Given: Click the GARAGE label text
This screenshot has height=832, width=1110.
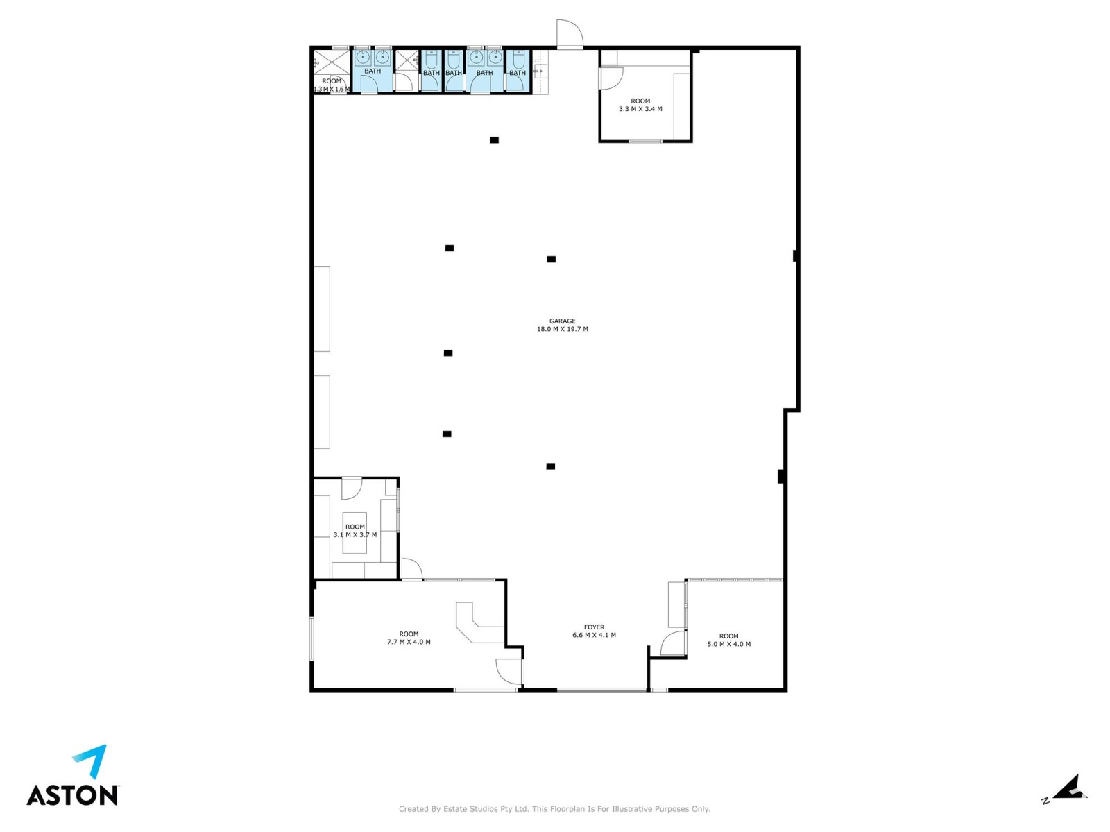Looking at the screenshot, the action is [x=562, y=321].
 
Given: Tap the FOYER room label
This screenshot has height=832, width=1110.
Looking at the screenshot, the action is [x=594, y=627].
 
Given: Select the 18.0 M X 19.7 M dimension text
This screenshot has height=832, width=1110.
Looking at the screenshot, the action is [x=562, y=329].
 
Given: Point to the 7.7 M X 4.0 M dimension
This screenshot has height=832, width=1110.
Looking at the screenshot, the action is [x=409, y=642].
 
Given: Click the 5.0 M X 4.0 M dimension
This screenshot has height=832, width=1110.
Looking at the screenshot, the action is [x=728, y=644].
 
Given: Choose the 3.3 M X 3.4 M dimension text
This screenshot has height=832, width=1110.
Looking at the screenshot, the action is [x=640, y=109].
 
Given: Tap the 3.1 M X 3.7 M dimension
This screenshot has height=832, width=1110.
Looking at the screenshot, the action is [x=355, y=534].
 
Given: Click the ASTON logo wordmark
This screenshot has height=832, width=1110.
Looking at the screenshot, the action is [x=73, y=795].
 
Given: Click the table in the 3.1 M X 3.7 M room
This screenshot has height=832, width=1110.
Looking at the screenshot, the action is [x=355, y=533].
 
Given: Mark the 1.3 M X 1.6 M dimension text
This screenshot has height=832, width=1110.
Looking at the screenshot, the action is [x=332, y=89].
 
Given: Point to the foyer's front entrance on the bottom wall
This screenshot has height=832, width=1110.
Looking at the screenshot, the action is [x=601, y=689].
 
